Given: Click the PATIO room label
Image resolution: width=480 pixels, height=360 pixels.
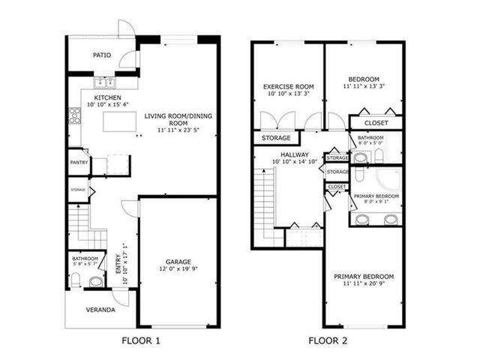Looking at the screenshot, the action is pos(102,55).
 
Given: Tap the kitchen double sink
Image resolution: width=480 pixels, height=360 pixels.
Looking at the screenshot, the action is pos(105,82).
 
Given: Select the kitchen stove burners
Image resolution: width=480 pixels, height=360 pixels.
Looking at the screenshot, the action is pos(75,115).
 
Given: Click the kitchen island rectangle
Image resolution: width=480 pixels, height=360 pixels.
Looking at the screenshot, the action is pos(120,121).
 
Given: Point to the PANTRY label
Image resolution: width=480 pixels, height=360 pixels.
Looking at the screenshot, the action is pos(79,163).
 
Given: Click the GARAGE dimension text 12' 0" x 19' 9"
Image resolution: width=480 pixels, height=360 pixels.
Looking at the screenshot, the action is pos(178,269).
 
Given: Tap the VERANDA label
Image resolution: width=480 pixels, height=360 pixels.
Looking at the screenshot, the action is pos(100,310).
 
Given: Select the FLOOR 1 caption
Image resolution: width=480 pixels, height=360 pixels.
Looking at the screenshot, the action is pos(141,340).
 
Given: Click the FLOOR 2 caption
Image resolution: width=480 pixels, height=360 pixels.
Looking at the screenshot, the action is pos(328,340).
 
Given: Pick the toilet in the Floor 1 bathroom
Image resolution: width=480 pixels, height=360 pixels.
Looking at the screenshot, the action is pos(76,280).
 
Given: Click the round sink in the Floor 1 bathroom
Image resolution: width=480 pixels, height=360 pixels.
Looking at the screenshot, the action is pos(95,282).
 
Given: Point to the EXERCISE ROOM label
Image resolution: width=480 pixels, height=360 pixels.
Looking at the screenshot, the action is pos(289,87).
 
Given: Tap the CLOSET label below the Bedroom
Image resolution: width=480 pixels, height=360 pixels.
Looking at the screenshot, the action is pos(376,123).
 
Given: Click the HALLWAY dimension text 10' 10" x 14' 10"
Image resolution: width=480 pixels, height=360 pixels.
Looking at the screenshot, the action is pos(295,162).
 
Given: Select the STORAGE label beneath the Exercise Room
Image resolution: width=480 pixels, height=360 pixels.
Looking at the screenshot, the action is pos(276,138).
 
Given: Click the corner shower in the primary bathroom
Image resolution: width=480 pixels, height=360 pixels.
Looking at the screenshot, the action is pos(388,179).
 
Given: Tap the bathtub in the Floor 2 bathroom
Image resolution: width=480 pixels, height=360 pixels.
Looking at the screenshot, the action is pos(393,148).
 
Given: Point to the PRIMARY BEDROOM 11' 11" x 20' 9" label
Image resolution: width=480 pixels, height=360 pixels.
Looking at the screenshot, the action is pos(364,280).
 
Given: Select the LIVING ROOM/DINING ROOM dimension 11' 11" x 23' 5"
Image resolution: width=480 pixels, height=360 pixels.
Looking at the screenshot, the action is pos(178,130).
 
